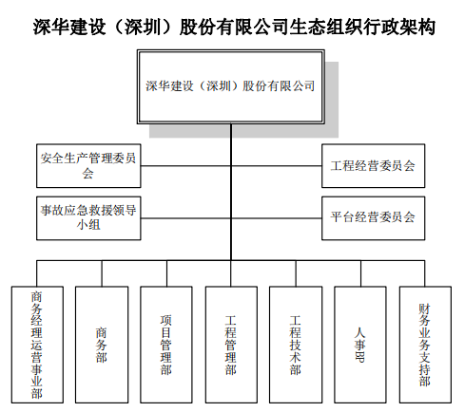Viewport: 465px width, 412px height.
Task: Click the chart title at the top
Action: [234, 27]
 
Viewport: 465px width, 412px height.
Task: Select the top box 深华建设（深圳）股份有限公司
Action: [231, 86]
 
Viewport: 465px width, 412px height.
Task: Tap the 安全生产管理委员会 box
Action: [88, 166]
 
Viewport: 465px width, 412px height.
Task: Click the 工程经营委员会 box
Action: [373, 166]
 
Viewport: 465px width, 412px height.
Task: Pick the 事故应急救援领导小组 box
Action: [88, 218]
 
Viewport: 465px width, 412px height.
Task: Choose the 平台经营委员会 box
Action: [373, 218]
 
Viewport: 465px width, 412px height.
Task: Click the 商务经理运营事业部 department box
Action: [37, 345]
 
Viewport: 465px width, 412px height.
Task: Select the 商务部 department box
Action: [102, 345]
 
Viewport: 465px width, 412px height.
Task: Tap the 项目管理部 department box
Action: [166, 345]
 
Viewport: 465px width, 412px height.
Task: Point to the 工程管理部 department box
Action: [231, 345]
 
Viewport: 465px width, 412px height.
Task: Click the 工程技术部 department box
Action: [296, 345]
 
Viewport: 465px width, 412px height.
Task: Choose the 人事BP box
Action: [360, 345]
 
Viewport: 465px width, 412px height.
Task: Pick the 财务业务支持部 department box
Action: [425, 345]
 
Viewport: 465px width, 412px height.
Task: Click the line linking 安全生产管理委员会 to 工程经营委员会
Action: [231, 166]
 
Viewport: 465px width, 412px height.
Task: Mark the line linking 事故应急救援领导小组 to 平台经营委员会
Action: [231, 218]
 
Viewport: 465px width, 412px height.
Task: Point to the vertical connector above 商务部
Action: [102, 273]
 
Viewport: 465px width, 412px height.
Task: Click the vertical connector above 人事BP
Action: [360, 273]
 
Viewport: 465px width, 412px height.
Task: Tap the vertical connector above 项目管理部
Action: [166, 273]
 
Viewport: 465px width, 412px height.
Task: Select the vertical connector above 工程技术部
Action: [296, 273]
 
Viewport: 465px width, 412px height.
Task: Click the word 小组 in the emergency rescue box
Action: [88, 225]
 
